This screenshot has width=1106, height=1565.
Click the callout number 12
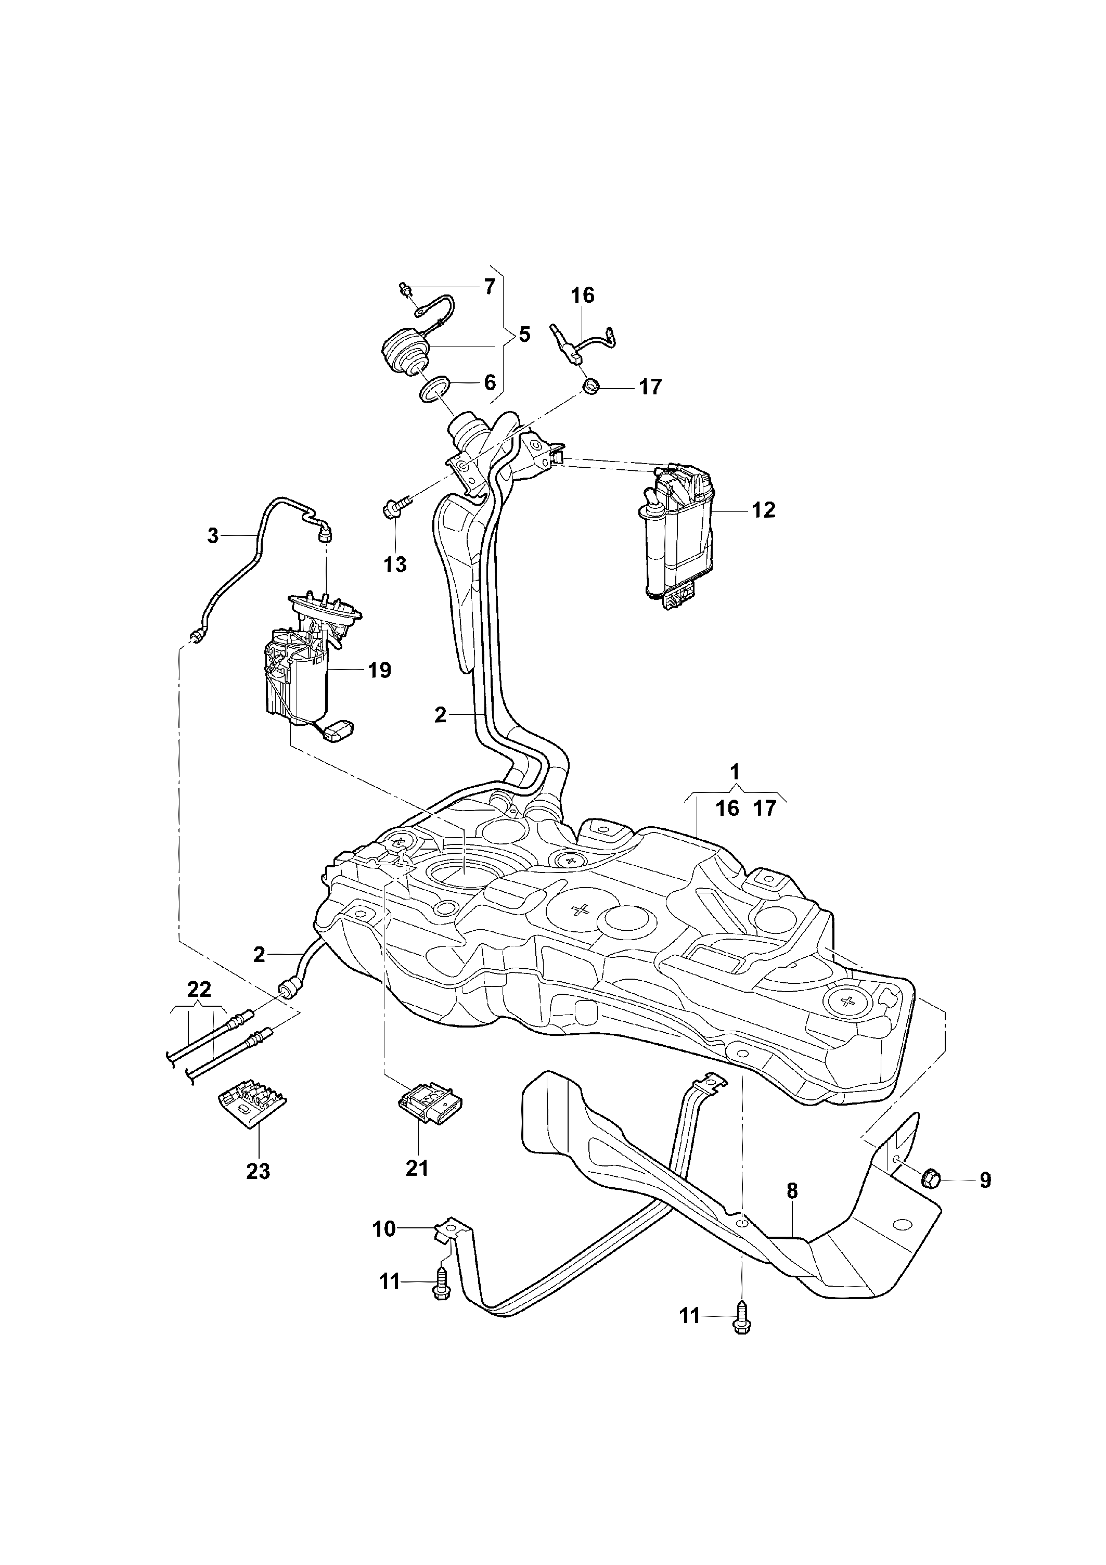tap(764, 510)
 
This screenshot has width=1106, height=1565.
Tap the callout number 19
tap(380, 670)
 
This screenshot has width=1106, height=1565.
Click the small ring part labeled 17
tap(592, 387)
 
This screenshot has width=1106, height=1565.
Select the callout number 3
tap(213, 536)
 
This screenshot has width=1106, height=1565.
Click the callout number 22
tap(198, 989)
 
